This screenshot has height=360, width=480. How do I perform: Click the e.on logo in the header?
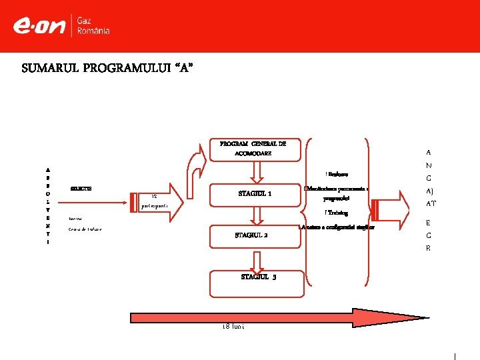(39, 26)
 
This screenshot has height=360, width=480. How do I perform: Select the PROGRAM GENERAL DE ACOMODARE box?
(253, 149)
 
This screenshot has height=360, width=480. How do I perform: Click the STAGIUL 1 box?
(254, 194)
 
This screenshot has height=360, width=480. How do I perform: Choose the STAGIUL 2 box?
(253, 236)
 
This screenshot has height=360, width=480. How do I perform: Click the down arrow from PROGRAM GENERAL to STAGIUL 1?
(253, 172)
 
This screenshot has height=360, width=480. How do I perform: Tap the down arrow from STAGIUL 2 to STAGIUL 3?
(254, 259)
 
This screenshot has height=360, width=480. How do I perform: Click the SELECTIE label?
(81, 189)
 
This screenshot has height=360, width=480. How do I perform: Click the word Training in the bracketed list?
(337, 213)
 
